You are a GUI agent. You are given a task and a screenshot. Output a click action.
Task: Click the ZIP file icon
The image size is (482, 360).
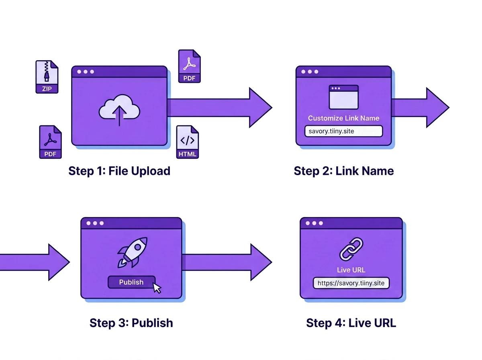tap(47, 77)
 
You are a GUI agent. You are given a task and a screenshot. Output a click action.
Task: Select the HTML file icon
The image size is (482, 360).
tap(187, 142)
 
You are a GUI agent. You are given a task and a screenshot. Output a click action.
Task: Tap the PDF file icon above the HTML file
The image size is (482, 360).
tap(189, 66)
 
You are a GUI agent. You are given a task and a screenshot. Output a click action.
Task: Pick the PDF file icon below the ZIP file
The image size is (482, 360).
tap(50, 142)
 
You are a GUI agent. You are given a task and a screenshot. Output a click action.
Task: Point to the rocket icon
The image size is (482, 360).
tap(133, 252)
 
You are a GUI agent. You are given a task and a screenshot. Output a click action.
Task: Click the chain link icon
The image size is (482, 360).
tap(351, 249)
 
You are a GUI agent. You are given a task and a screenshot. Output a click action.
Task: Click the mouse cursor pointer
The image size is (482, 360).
tap(157, 288)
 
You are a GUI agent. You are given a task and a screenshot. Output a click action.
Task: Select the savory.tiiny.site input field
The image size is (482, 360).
tap(343, 131)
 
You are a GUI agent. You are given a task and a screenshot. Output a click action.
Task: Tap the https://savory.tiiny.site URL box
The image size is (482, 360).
tap(351, 283)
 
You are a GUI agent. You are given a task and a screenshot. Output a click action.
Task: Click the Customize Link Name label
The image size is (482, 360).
tap(343, 118)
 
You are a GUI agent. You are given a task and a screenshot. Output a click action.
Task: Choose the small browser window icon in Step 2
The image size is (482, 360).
tap(343, 97)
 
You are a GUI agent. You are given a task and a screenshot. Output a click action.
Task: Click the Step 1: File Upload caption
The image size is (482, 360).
tap(119, 171)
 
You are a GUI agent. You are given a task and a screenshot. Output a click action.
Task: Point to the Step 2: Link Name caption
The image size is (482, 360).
tap(344, 171)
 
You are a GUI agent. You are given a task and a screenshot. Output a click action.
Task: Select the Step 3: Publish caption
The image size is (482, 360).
tap(131, 323)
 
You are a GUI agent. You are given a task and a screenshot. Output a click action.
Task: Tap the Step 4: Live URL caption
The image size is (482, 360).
tap(351, 323)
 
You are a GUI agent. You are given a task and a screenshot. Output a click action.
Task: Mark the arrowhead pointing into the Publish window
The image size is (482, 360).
tap(57, 262)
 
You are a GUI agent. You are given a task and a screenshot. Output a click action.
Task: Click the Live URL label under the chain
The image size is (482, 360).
tap(351, 270)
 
